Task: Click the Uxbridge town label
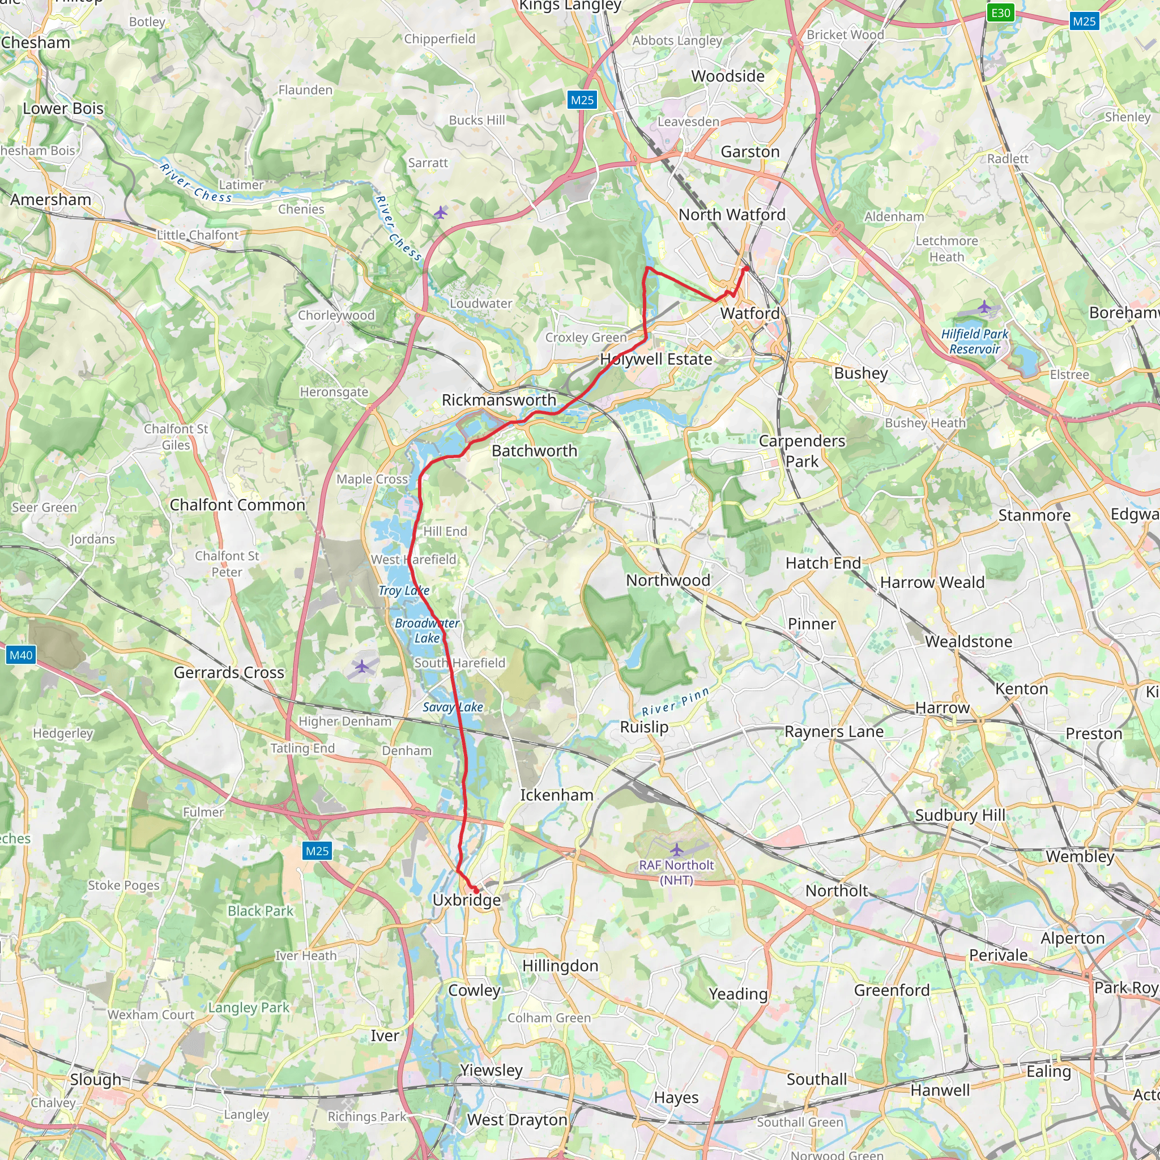coord(467,900)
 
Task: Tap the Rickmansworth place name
coord(498,400)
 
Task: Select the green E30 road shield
coord(1000,12)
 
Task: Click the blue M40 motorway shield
coord(21,655)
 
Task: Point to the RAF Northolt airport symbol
coord(677,850)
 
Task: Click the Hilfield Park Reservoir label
coord(974,341)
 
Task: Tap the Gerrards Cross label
coord(229,672)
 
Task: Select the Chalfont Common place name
coord(237,505)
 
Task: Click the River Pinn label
coord(676,702)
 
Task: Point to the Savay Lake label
coord(453,707)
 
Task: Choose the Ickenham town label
coord(557,795)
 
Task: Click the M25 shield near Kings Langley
coord(582,100)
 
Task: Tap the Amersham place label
coord(50,199)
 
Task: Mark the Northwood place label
coord(668,580)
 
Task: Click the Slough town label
coord(96,1079)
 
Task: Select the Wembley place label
coord(1080,856)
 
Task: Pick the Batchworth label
coord(534,451)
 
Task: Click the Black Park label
coord(260,911)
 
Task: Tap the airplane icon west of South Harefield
coord(362,666)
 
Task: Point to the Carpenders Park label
coord(801,451)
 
